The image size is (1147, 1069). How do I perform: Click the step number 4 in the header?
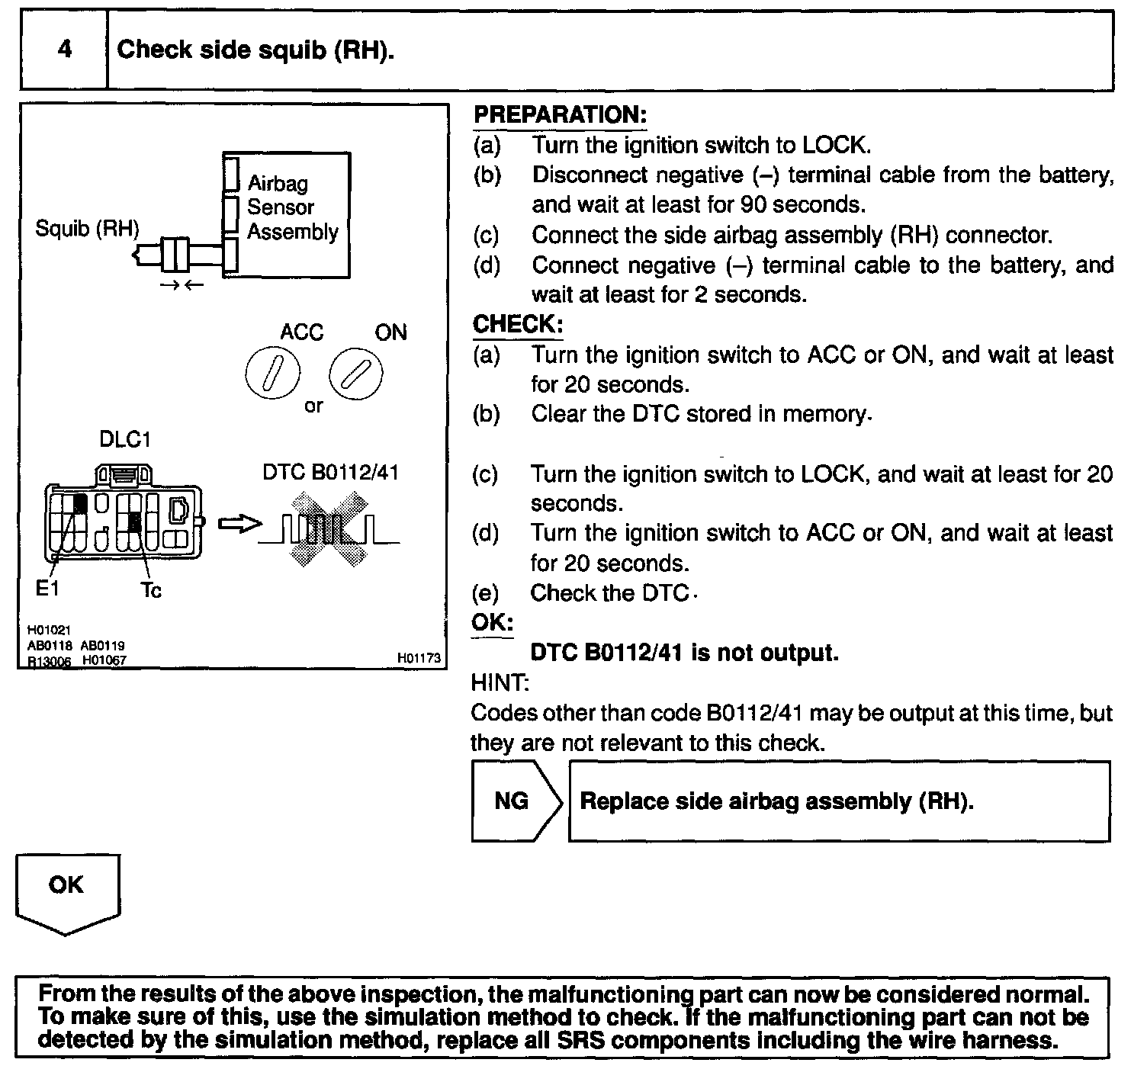[64, 50]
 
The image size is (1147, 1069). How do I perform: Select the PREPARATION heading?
[560, 115]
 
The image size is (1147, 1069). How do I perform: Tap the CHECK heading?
[517, 324]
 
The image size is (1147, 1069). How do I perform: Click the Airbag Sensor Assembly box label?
[292, 207]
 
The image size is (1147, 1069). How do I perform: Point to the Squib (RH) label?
[87, 229]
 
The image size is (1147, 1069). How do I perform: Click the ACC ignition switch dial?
[272, 375]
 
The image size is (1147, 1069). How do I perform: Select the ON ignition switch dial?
[355, 375]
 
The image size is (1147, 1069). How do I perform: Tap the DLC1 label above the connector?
[125, 440]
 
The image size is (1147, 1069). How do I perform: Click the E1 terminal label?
[47, 588]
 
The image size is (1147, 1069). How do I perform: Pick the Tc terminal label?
[151, 590]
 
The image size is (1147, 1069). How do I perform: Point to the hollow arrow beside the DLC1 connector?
[239, 524]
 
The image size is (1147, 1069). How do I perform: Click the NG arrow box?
[515, 801]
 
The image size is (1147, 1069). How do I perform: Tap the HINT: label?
[500, 682]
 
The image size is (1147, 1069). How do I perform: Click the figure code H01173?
[419, 657]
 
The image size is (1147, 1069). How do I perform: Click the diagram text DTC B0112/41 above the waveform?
[330, 473]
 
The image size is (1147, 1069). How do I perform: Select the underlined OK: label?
[492, 622]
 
